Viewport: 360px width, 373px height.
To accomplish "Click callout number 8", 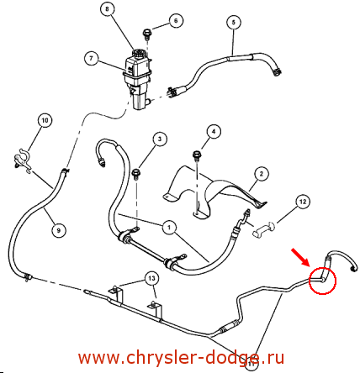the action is (107, 9).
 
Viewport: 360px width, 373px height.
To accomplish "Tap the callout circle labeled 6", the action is (176, 21).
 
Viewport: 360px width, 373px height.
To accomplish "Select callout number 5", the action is (234, 22).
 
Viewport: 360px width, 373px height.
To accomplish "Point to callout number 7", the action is (91, 59).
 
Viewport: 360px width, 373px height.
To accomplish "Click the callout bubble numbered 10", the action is (45, 120).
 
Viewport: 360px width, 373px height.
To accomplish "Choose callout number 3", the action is (160, 139).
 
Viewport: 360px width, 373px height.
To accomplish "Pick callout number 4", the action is (214, 131).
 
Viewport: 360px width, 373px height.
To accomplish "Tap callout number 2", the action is (262, 174).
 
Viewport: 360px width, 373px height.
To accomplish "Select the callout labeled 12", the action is (303, 202).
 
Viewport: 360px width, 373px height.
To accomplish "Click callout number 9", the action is (59, 230).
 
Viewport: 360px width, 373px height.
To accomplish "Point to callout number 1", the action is (169, 228).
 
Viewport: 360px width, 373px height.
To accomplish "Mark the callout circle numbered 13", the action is (151, 278).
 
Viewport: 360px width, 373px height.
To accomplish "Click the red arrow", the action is (300, 256).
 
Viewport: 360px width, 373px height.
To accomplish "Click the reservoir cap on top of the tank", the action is (139, 53).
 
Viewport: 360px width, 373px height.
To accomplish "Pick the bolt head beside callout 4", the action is (196, 155).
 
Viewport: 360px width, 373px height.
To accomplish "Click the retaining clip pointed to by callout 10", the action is (23, 161).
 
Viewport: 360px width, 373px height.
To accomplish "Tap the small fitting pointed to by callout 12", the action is (264, 229).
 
